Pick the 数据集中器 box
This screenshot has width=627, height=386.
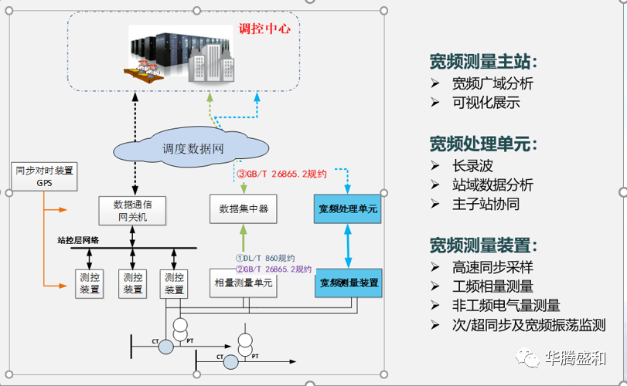(x=244, y=208)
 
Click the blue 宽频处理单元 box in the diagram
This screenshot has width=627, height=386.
(x=350, y=208)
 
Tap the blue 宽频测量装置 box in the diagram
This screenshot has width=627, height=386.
(x=349, y=283)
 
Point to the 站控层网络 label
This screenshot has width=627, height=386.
(x=78, y=240)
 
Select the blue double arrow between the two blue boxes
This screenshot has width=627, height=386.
(x=350, y=245)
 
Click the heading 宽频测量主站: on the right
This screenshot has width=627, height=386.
(x=483, y=62)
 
